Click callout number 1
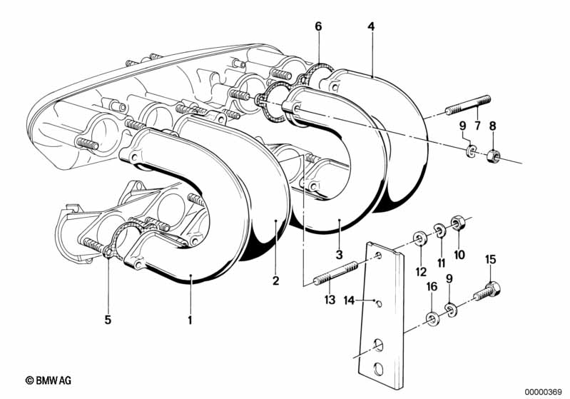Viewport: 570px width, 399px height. (x=190, y=320)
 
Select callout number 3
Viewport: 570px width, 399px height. (x=340, y=255)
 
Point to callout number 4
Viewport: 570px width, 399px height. (x=371, y=26)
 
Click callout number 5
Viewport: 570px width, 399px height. (x=108, y=320)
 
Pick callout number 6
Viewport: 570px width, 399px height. (x=318, y=26)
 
